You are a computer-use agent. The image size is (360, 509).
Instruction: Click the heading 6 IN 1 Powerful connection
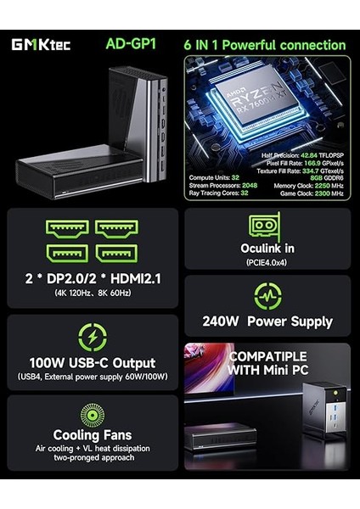(x=265, y=45)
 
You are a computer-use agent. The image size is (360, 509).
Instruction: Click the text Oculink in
(x=267, y=249)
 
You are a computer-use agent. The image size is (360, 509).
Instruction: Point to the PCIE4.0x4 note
(x=267, y=263)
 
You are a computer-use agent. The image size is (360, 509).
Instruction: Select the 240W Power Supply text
(x=267, y=322)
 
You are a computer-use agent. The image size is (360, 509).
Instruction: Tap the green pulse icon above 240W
(x=267, y=295)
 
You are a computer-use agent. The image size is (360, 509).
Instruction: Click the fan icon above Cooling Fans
(x=92, y=415)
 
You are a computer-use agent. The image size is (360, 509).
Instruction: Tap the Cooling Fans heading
(x=92, y=435)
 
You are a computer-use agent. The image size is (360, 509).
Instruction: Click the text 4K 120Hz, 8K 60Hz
(x=92, y=293)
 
